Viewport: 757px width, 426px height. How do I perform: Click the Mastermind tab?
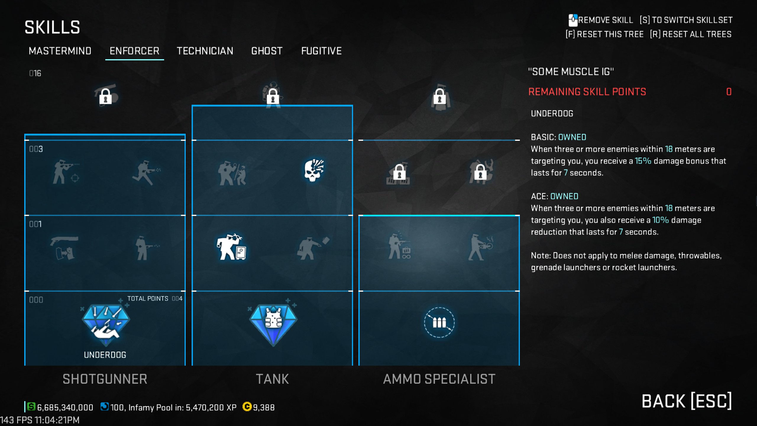click(60, 51)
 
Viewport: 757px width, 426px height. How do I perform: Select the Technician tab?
click(205, 51)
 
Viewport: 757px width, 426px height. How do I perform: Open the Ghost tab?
click(267, 51)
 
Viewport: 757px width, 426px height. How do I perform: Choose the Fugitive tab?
click(321, 51)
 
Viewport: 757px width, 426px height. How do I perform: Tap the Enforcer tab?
click(135, 51)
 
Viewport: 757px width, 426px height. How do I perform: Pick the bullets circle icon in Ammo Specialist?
click(439, 322)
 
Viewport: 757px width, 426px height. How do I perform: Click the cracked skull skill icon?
click(314, 170)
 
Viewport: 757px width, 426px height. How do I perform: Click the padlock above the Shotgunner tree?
click(106, 96)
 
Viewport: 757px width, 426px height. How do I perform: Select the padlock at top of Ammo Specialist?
click(439, 96)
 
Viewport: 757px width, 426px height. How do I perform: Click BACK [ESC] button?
click(687, 401)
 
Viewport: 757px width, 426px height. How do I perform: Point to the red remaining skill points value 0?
click(729, 92)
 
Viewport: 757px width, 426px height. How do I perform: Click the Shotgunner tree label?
click(105, 379)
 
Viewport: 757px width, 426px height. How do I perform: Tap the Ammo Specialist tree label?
click(439, 379)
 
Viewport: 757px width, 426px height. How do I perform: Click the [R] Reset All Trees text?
click(690, 34)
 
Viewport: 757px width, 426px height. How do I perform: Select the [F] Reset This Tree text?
click(604, 34)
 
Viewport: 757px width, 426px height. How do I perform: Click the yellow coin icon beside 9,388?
click(247, 407)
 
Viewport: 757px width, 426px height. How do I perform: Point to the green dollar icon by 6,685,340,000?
click(31, 407)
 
